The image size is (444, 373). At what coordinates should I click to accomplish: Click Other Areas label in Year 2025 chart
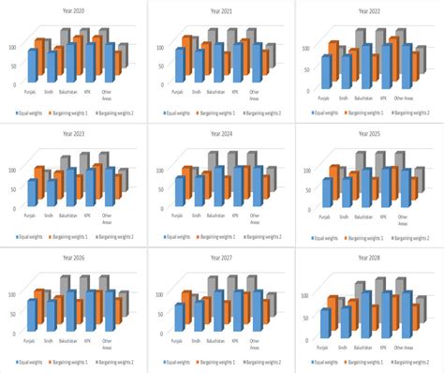pos(404,221)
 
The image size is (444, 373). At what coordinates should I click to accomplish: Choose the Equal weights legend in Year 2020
pos(34,112)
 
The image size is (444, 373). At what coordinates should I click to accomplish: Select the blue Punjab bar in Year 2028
pos(325,322)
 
